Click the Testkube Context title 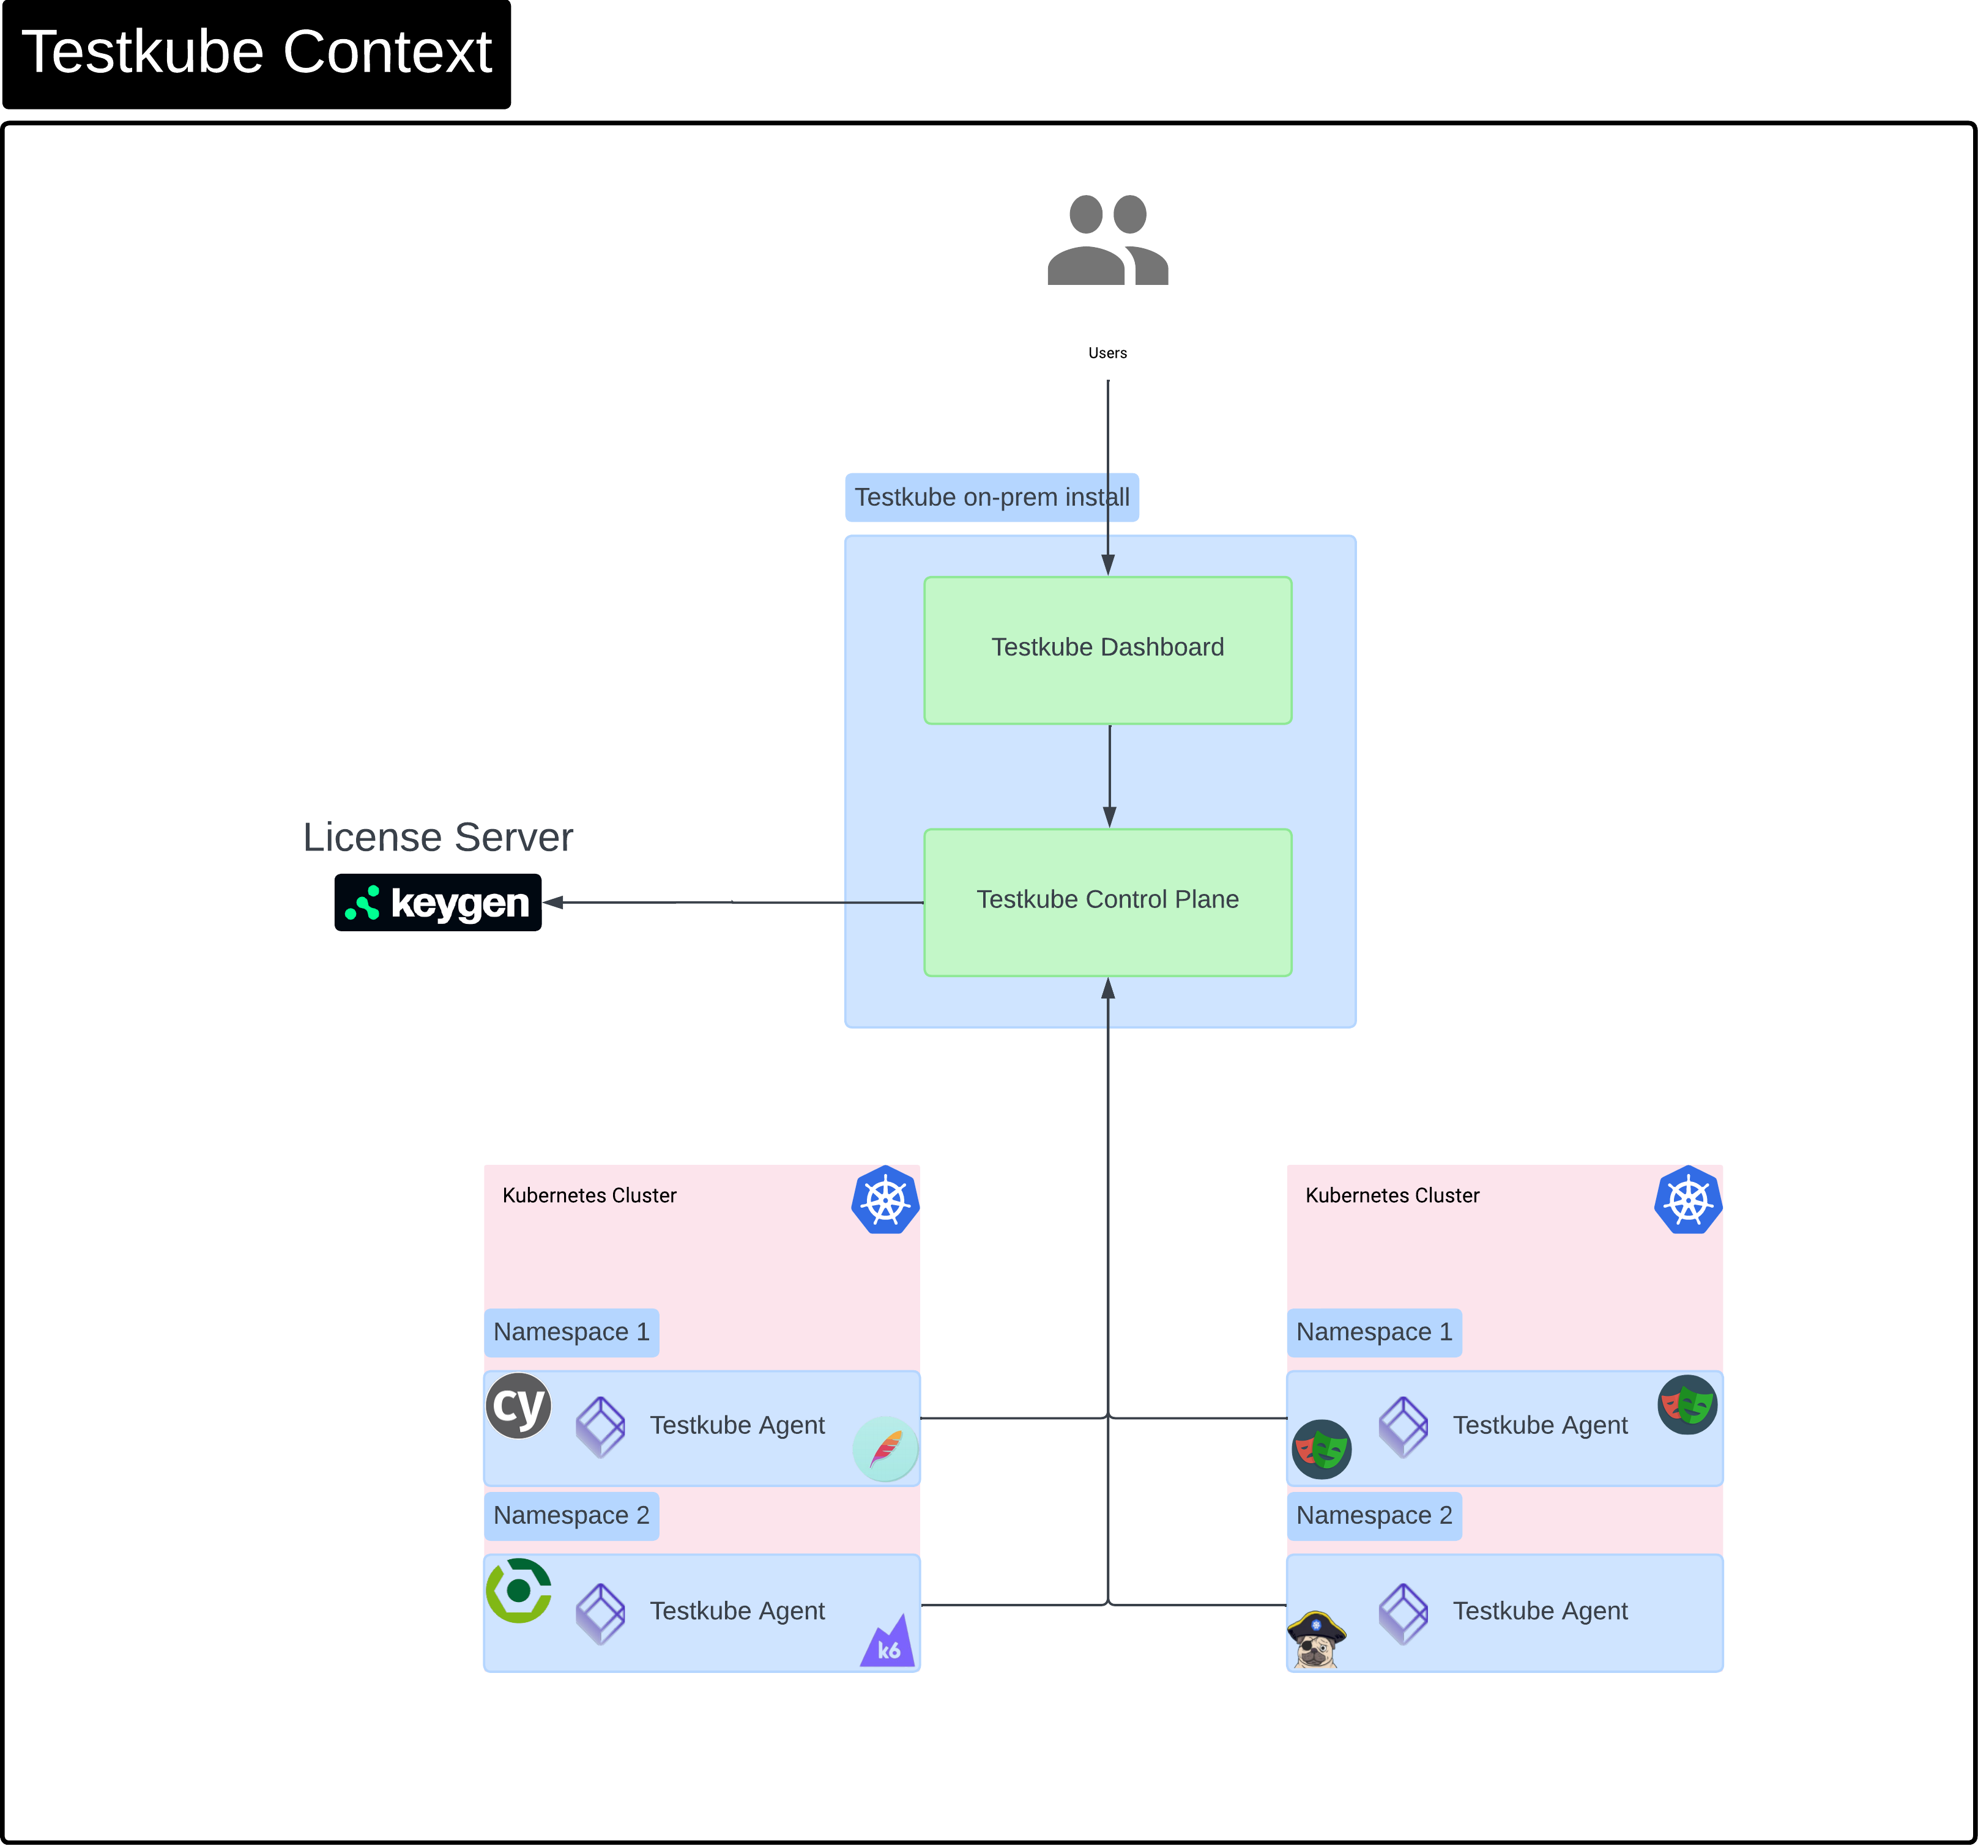[257, 53]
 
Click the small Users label [1107, 353]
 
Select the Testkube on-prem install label [991, 497]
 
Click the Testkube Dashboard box [1107, 649]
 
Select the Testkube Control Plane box [1107, 901]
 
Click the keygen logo [438, 902]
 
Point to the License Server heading [438, 838]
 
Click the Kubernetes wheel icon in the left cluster [885, 1200]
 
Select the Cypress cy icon [518, 1405]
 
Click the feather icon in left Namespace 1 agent [885, 1448]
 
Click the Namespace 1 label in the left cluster [571, 1332]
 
